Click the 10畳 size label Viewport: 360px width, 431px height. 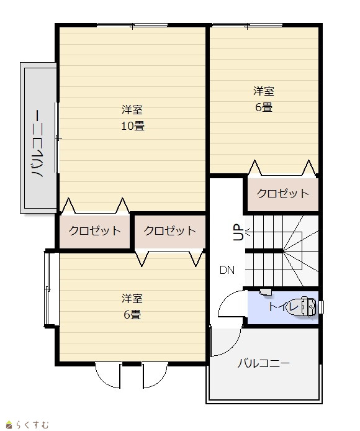click(x=133, y=126)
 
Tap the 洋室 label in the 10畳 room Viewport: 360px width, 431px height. click(x=132, y=109)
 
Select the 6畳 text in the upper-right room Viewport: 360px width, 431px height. click(x=264, y=107)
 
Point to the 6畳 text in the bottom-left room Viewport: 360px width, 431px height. click(x=132, y=314)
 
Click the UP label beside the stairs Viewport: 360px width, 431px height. click(x=238, y=232)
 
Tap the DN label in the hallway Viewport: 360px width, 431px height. click(x=227, y=270)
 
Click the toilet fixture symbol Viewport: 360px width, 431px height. click(x=305, y=306)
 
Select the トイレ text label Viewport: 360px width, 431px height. click(x=283, y=306)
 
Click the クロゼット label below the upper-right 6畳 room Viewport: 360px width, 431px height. click(x=283, y=194)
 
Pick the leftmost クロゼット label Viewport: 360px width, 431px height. click(x=94, y=230)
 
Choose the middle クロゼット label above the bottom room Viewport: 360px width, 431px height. click(x=170, y=230)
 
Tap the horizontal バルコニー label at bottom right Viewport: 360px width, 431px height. click(x=264, y=363)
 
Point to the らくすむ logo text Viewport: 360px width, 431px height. click(x=32, y=425)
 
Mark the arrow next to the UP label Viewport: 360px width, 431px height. click(x=247, y=232)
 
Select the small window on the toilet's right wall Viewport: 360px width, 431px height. click(x=321, y=307)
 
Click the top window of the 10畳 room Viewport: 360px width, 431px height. click(x=132, y=25)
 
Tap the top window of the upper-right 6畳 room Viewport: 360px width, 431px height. click(x=247, y=25)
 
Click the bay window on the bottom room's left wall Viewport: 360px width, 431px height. click(x=47, y=289)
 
